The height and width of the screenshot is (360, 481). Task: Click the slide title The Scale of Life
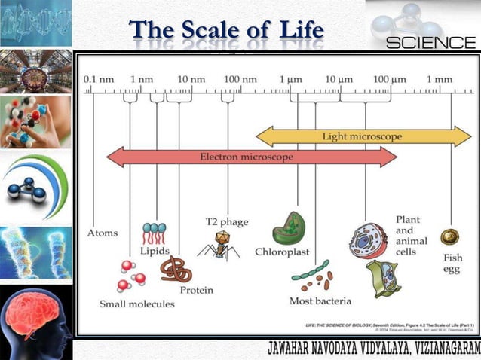[x=226, y=31]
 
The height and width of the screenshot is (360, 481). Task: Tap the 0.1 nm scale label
[x=98, y=79]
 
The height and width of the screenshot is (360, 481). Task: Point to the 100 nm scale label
[x=240, y=79]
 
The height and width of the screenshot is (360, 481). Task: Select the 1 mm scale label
[x=439, y=79]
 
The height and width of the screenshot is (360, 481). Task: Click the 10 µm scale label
[x=339, y=79]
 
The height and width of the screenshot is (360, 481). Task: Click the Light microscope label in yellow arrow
[x=362, y=136]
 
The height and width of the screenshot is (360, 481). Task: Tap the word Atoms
[x=103, y=233]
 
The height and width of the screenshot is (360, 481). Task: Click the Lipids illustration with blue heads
[x=154, y=233]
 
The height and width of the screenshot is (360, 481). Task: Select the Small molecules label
[x=136, y=304]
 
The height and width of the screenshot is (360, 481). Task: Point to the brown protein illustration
[x=177, y=269]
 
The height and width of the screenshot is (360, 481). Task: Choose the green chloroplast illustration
[x=288, y=227]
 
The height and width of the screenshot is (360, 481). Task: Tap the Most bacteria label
[x=320, y=301]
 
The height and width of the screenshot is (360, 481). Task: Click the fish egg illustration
[x=450, y=236]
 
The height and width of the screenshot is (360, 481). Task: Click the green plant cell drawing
[x=383, y=278]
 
